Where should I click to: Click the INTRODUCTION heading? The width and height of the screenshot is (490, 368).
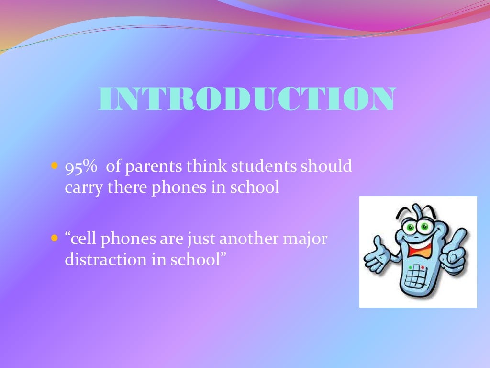point(247,99)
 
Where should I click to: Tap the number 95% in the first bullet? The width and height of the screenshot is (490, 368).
point(81,167)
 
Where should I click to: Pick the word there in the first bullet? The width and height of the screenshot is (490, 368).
point(124,187)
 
